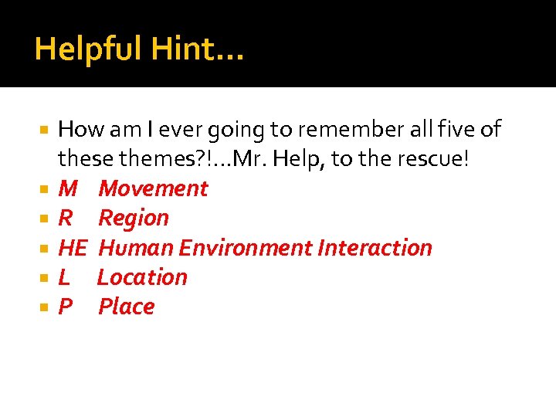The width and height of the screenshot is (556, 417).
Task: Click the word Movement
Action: pos(153,188)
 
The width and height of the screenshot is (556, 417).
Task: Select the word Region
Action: pos(134,218)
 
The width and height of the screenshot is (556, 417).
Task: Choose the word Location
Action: pos(142,277)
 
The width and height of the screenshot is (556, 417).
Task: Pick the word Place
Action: pos(126,307)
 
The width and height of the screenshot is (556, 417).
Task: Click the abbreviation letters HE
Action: pos(73,248)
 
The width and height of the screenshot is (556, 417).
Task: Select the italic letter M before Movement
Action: pos(68,188)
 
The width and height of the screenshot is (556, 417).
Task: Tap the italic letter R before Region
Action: pos(66,218)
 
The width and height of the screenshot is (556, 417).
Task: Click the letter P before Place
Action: pos(65,307)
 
